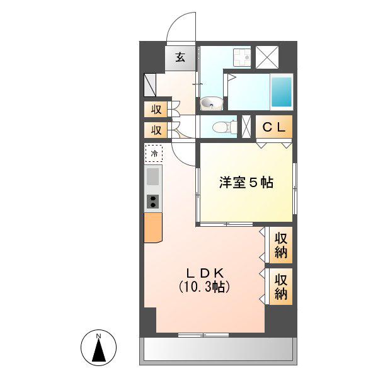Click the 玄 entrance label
(x=180, y=58)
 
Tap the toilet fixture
(x=224, y=127)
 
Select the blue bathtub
(x=282, y=92)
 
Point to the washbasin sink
(x=212, y=103)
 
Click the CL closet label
(x=274, y=127)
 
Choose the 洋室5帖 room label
(x=246, y=183)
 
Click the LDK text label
(x=205, y=273)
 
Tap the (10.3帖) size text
(x=204, y=287)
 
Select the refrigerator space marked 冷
(x=154, y=153)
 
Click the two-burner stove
(x=153, y=202)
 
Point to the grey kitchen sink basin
(x=153, y=176)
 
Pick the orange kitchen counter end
(x=153, y=227)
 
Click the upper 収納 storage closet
(x=280, y=245)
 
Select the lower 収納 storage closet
(x=280, y=287)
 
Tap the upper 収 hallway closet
(x=156, y=110)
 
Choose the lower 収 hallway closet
(x=156, y=130)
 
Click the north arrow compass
(x=99, y=347)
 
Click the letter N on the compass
(x=98, y=336)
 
